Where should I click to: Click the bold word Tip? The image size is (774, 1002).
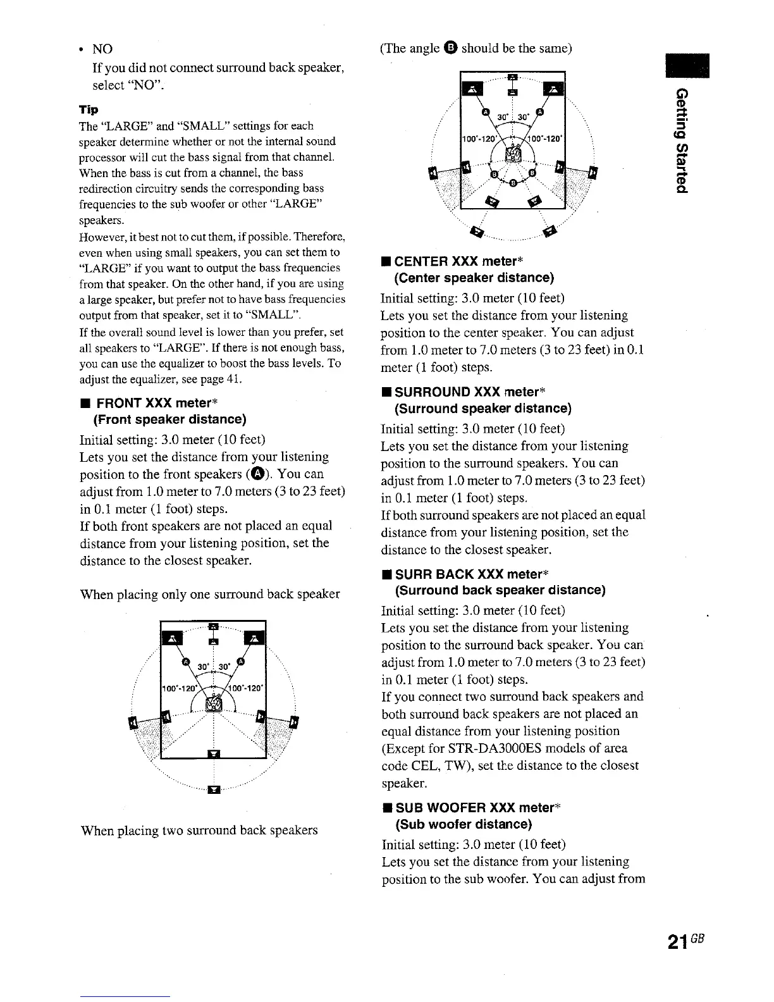(89, 109)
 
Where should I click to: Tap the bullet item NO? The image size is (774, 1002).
(101, 49)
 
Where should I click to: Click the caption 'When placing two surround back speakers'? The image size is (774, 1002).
(199, 830)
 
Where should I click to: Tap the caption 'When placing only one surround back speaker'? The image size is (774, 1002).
(209, 594)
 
